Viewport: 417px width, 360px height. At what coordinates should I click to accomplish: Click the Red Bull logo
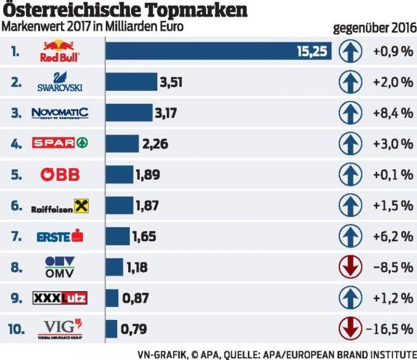pos(60,51)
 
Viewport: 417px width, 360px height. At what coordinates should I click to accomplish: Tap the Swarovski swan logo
pos(59,82)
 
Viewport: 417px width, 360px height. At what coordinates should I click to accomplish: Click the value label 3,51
pos(170,82)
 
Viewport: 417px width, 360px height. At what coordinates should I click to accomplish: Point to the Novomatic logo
pos(60,113)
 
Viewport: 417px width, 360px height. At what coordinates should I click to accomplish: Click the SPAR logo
pos(60,143)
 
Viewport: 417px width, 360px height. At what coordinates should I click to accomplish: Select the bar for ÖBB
pos(119,174)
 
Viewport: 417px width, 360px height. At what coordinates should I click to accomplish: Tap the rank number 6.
pos(16,206)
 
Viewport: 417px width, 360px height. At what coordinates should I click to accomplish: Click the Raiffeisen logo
pos(60,206)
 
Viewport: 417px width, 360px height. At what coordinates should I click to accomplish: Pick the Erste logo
pos(60,236)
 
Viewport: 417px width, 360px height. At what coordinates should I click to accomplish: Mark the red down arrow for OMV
pos(350,267)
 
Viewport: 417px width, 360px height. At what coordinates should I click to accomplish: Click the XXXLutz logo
pos(60,298)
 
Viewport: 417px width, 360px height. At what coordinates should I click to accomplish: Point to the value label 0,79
pos(134,329)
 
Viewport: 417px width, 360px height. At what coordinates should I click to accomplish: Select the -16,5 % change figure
pos(390,329)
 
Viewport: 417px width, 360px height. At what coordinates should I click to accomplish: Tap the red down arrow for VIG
pos(350,329)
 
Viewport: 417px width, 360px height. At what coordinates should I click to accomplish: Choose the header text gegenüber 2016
pos(373,28)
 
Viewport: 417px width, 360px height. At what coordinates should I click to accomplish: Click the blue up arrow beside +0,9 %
pos(350,52)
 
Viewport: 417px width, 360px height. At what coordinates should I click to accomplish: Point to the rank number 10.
pos(16,329)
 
